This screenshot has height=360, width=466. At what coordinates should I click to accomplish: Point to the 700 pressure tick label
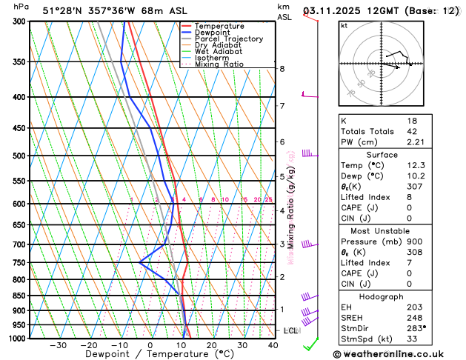pyautogui.click(x=19, y=244)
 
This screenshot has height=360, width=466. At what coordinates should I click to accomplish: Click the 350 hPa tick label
pyautogui.click(x=19, y=61)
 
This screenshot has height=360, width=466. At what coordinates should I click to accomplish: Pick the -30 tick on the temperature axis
pyautogui.click(x=58, y=345)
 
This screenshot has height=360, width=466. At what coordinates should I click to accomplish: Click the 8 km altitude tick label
pyautogui.click(x=282, y=69)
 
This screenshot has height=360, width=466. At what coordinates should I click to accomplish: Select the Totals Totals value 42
pyautogui.click(x=410, y=131)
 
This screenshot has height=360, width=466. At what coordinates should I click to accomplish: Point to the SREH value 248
pyautogui.click(x=413, y=317)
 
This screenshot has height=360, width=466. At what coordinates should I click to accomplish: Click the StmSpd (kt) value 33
pyautogui.click(x=410, y=339)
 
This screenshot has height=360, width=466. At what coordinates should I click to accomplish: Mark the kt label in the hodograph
pyautogui.click(x=344, y=25)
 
